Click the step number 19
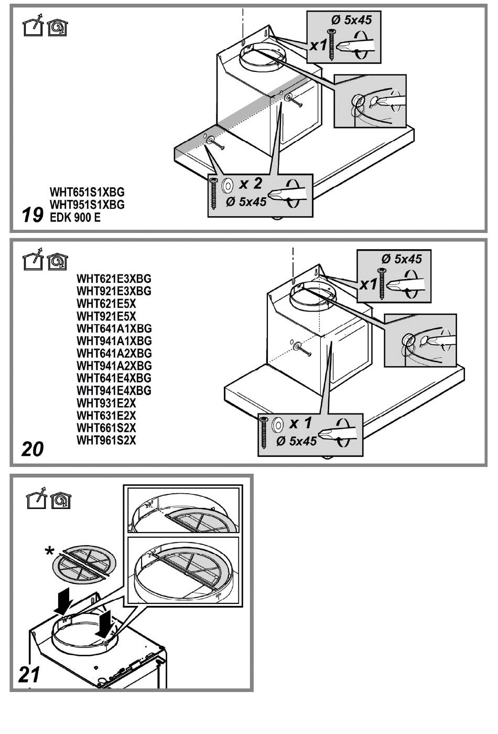(x=33, y=215)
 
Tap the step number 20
(x=33, y=449)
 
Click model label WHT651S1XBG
(x=87, y=192)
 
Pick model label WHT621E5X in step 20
(x=106, y=304)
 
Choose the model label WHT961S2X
(x=106, y=441)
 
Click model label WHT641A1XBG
(x=114, y=328)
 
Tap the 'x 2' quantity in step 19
(x=251, y=184)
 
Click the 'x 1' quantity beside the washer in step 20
(x=300, y=423)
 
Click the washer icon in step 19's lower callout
(x=229, y=185)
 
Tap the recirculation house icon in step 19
(x=57, y=27)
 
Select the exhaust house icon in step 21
(x=35, y=500)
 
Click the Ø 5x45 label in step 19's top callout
(x=351, y=20)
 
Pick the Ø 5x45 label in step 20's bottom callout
(x=297, y=441)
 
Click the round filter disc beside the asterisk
(x=84, y=565)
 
